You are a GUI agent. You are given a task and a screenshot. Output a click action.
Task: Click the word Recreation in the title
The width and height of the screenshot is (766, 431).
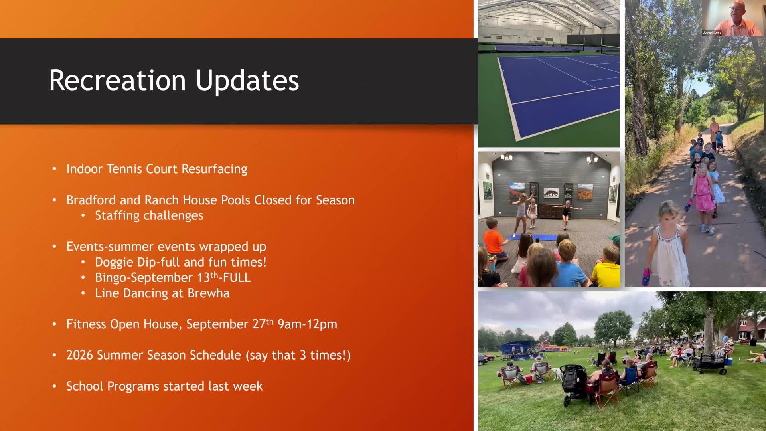(x=118, y=80)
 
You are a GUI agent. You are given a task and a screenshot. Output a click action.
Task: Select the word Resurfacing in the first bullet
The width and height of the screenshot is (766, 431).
(x=214, y=169)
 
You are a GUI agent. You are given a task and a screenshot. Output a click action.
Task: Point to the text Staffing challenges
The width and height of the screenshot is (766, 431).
(x=149, y=216)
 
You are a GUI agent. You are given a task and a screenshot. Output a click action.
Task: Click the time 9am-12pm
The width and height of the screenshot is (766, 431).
(x=307, y=324)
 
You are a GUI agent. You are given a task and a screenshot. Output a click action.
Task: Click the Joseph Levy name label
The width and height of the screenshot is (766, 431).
(x=712, y=32)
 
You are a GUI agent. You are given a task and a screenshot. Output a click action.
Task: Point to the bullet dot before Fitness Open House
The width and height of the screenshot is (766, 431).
(x=55, y=324)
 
